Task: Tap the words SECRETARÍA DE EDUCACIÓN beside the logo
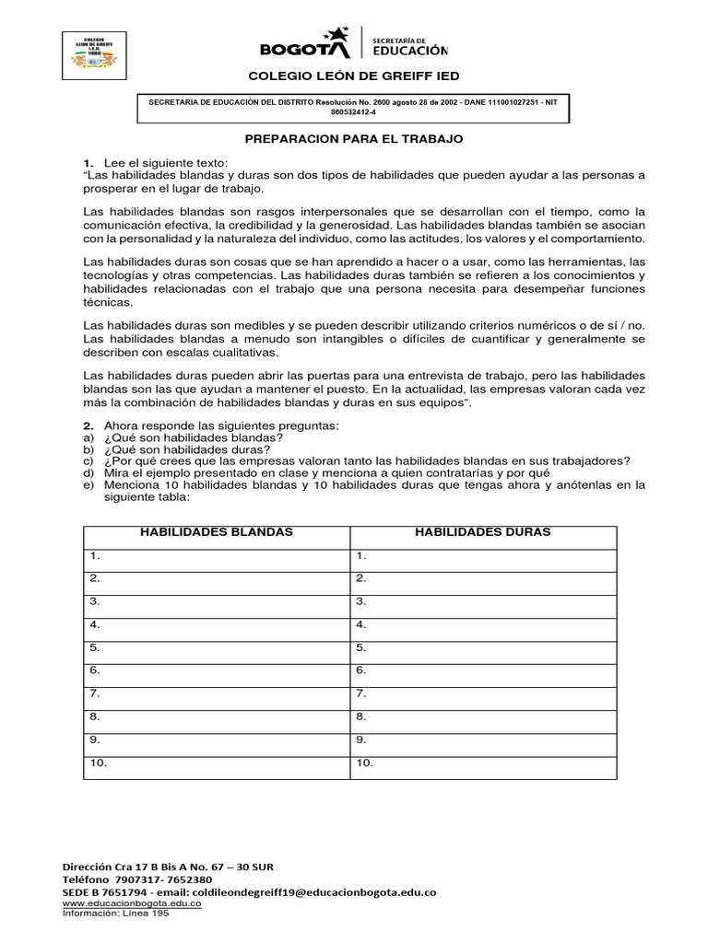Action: [409, 45]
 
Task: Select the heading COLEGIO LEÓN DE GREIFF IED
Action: [353, 76]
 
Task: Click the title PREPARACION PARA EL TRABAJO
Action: [353, 138]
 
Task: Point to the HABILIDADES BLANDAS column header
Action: [216, 532]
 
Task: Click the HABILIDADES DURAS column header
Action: [482, 532]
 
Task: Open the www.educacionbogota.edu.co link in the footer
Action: [131, 903]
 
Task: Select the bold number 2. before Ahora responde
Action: [88, 426]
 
